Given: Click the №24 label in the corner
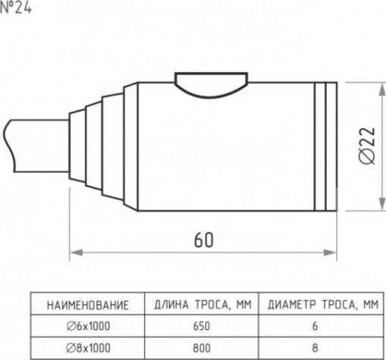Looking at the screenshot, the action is point(16,8).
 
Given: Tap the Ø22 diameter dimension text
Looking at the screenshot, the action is point(367,146).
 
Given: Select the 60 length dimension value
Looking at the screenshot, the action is point(204,240).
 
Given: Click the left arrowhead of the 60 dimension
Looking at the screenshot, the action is point(76,252).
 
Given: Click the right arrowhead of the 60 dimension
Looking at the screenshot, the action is point(330,252).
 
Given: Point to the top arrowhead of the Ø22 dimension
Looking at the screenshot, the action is point(381,89).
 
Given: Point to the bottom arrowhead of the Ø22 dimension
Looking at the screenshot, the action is point(381,204).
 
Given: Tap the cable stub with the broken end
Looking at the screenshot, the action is point(36,146).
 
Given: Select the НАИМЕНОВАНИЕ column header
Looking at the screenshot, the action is point(88,305).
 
